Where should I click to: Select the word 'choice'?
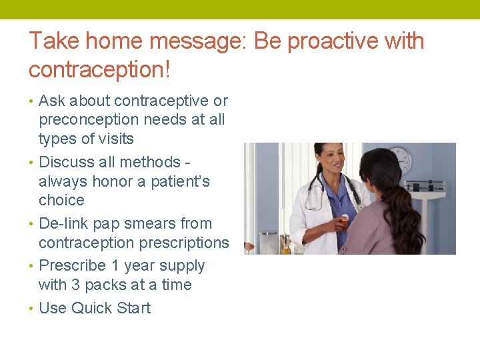61,201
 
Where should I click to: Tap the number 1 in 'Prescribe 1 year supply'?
114,265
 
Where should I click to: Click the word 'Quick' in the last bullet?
93,308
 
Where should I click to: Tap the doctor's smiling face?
326,160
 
